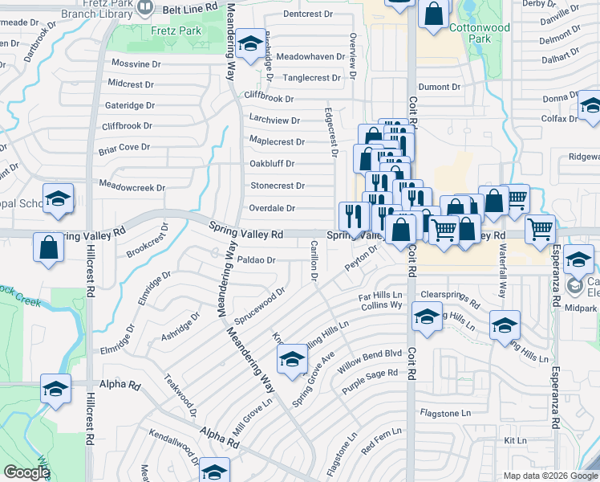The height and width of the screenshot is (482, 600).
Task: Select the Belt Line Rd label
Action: (190, 6)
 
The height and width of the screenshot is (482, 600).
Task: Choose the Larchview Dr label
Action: (274, 120)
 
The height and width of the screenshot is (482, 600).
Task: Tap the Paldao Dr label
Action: (256, 260)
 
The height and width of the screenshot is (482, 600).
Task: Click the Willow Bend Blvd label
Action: (371, 353)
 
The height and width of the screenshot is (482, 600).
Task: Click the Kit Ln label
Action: (515, 440)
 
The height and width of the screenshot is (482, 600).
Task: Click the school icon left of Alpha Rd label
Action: (55, 390)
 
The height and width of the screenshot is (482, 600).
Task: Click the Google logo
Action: (26, 473)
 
